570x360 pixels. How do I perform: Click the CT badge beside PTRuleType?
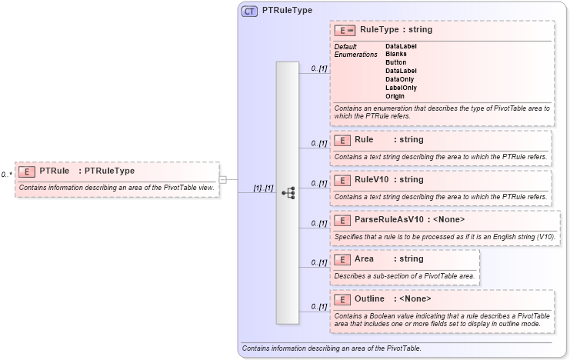pyautogui.click(x=250, y=12)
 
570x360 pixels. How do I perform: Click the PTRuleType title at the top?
pyautogui.click(x=287, y=12)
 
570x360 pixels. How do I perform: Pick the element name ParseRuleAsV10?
pyautogui.click(x=388, y=220)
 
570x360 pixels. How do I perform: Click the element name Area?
pyautogui.click(x=364, y=259)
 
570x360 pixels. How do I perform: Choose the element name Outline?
pyautogui.click(x=369, y=298)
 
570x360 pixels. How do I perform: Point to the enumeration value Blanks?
pyautogui.click(x=396, y=55)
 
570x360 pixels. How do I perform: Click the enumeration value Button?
pyautogui.click(x=396, y=62)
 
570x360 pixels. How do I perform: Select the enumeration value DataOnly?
pyautogui.click(x=400, y=79)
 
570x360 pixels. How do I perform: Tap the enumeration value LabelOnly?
pyautogui.click(x=401, y=88)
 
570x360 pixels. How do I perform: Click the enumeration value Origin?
pyautogui.click(x=395, y=96)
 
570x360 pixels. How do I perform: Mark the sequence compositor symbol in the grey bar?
pyautogui.click(x=288, y=193)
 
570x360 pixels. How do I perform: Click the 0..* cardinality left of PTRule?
pyautogui.click(x=6, y=175)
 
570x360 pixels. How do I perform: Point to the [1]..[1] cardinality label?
pyautogui.click(x=263, y=188)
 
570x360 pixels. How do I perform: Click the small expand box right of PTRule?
pyautogui.click(x=222, y=180)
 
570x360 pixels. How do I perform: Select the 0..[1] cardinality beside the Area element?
pyautogui.click(x=318, y=262)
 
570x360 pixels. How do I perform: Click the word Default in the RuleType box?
pyautogui.click(x=345, y=47)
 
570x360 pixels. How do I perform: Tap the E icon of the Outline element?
pyautogui.click(x=343, y=298)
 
